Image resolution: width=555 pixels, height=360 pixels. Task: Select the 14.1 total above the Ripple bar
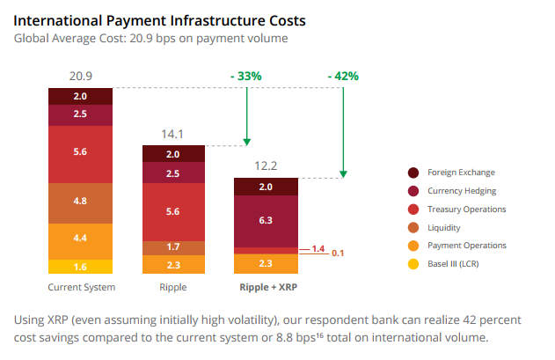(x=174, y=135)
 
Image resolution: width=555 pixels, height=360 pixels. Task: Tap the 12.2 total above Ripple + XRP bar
(x=265, y=166)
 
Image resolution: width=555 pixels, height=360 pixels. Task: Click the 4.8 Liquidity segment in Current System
(x=80, y=201)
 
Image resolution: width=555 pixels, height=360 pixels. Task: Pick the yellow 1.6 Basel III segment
(x=80, y=267)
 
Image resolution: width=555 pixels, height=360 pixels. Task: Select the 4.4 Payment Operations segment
(x=80, y=238)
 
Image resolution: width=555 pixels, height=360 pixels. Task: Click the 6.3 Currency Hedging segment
(x=265, y=221)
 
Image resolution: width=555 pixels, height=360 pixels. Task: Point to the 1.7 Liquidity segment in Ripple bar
(x=174, y=247)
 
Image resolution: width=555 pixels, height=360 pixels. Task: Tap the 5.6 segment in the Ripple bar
(x=174, y=211)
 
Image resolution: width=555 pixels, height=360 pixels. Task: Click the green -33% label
(x=246, y=77)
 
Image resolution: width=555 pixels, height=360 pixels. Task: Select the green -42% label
(x=343, y=77)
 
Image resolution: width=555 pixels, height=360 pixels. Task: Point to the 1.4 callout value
(x=318, y=249)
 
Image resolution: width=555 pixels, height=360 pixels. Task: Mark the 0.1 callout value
(x=338, y=253)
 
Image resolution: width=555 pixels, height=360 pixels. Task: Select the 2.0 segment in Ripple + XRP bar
(x=265, y=187)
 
